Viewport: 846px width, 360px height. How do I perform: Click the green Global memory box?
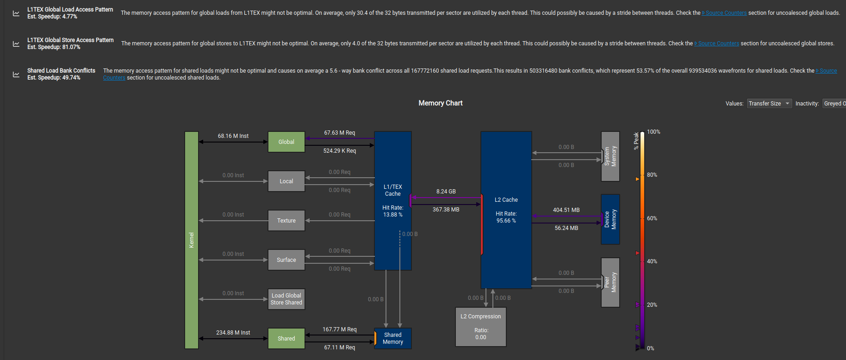286,142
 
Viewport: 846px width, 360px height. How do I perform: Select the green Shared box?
286,338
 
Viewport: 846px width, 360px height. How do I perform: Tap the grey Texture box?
286,220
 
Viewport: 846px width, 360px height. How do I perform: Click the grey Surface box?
286,260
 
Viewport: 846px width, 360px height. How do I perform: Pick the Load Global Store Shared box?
286,299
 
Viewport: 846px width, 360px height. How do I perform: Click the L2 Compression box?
480,327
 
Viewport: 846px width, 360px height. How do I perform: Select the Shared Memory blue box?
392,338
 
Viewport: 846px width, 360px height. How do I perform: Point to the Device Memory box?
610,219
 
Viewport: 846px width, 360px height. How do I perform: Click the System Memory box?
610,156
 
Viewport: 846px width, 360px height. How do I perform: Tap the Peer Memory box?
610,282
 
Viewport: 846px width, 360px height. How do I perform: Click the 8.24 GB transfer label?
446,192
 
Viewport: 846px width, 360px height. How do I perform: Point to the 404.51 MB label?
566,210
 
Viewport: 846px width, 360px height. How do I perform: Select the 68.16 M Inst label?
233,136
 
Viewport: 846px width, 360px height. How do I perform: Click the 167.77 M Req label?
339,329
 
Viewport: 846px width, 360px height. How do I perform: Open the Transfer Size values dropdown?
769,104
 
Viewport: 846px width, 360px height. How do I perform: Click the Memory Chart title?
440,103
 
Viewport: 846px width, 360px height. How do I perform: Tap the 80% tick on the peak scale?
652,175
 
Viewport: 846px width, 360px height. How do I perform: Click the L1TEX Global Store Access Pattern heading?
70,40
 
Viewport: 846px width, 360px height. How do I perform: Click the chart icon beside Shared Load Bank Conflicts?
16,74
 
